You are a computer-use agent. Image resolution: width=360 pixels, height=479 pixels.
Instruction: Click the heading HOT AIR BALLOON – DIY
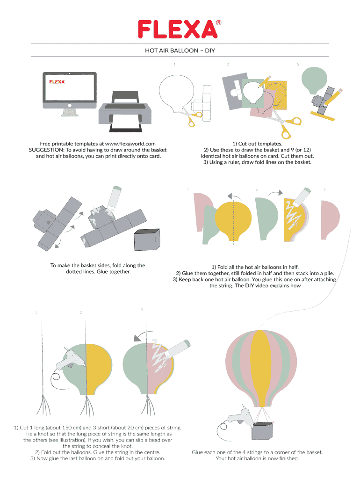coord(180,51)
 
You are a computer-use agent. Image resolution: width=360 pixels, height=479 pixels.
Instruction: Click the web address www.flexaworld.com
coord(130,144)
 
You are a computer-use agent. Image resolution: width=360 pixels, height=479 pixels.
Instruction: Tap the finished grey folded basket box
coord(147,240)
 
